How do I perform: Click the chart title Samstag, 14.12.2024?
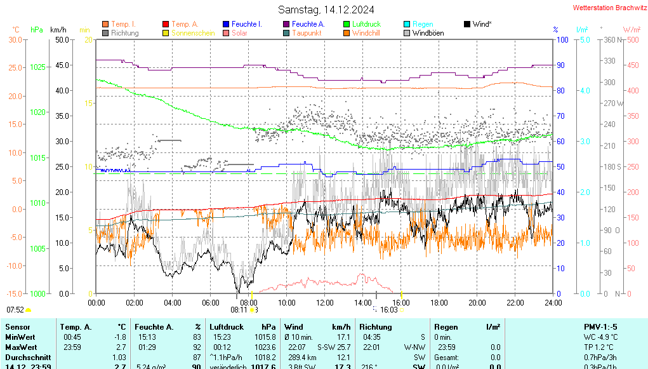(326, 10)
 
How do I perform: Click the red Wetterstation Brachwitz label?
(607, 8)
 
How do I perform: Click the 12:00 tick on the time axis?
(325, 302)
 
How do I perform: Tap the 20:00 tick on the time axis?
(477, 302)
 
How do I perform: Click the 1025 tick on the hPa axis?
(38, 67)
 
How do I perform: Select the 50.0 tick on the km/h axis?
(62, 39)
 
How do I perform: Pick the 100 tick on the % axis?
(561, 39)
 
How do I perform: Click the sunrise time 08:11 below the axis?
(239, 310)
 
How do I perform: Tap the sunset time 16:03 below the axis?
(388, 310)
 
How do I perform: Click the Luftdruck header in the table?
(227, 326)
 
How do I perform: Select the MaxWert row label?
(22, 347)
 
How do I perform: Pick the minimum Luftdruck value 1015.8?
(265, 337)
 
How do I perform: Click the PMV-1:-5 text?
(600, 326)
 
